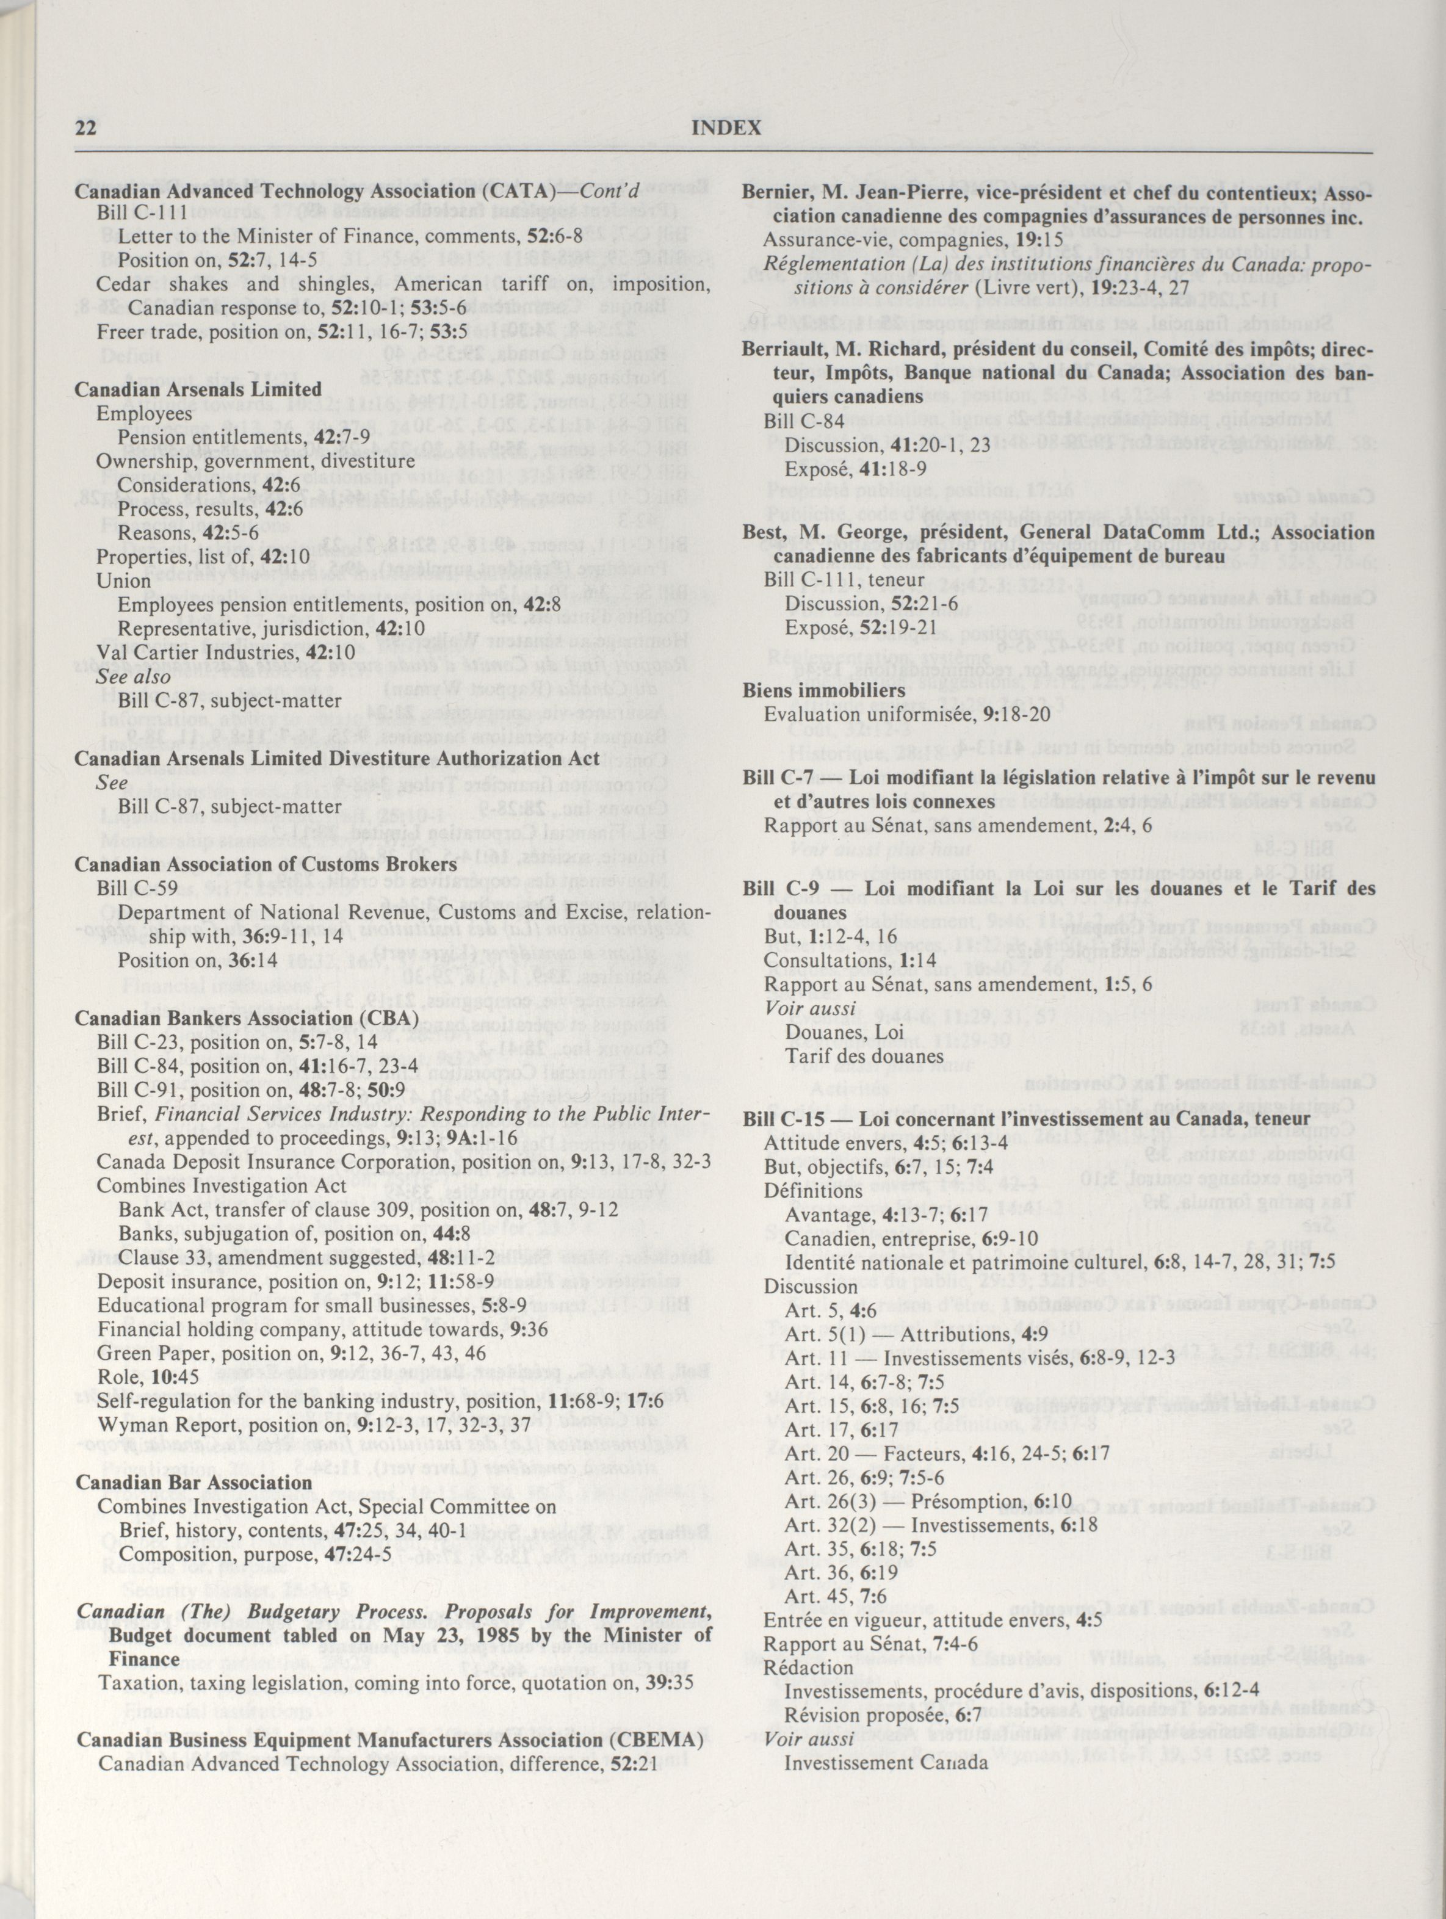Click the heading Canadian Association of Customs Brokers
coord(266,864)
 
